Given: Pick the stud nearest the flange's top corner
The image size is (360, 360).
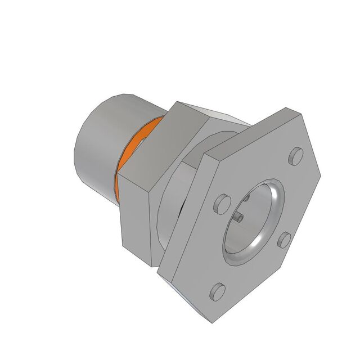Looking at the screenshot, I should (294, 157).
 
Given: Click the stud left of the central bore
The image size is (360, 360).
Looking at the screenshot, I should (222, 202).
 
